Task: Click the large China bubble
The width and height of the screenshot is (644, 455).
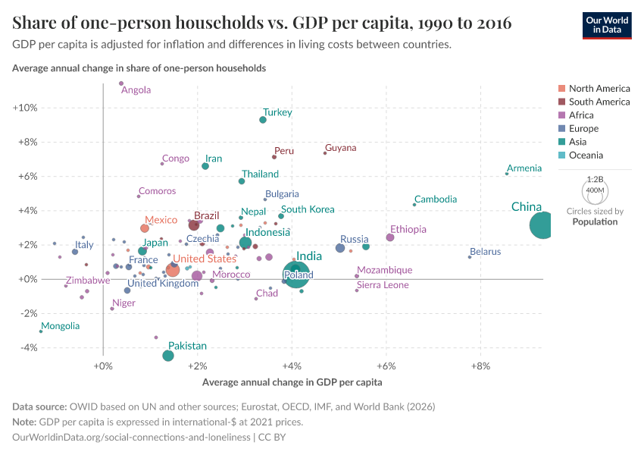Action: pyautogui.click(x=541, y=225)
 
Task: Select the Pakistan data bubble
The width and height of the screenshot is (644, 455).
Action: pyautogui.click(x=168, y=356)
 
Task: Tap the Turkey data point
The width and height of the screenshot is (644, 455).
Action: pyautogui.click(x=263, y=120)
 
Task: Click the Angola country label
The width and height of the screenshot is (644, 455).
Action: pyautogui.click(x=136, y=90)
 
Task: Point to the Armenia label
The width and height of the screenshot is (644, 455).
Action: pyautogui.click(x=524, y=168)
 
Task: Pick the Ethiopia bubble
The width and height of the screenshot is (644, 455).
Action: pyautogui.click(x=390, y=237)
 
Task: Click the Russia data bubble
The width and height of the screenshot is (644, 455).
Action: pyautogui.click(x=340, y=248)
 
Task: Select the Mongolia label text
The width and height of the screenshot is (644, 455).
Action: pyautogui.click(x=60, y=326)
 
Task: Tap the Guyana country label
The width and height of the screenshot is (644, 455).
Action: pyautogui.click(x=340, y=148)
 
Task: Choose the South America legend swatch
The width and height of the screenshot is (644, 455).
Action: pyautogui.click(x=561, y=102)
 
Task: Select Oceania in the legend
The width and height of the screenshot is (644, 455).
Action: pyautogui.click(x=586, y=155)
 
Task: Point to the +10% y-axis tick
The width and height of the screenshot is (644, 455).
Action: pyautogui.click(x=25, y=108)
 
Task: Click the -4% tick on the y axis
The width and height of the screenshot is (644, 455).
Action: pyautogui.click(x=27, y=348)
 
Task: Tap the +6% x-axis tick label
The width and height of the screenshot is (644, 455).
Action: pyautogui.click(x=386, y=367)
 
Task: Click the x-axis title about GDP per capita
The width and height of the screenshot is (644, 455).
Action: pyautogui.click(x=292, y=382)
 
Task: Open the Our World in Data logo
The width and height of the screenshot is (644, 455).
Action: pyautogui.click(x=607, y=24)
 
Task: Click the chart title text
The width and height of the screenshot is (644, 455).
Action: pyautogui.click(x=262, y=24)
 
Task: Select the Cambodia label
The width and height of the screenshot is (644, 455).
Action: pyautogui.click(x=436, y=199)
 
